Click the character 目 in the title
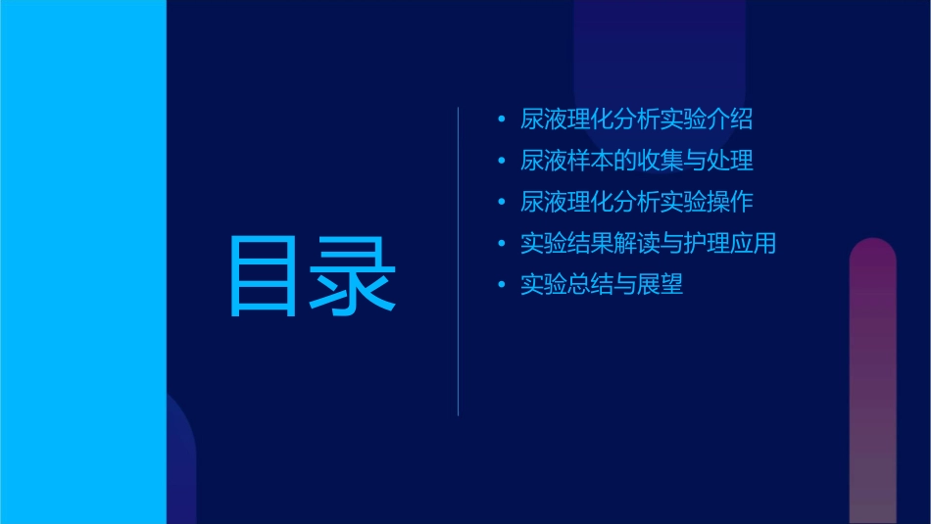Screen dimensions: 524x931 [262, 276]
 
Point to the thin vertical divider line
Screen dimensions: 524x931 [459, 262]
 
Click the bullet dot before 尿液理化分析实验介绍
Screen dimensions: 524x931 [502, 119]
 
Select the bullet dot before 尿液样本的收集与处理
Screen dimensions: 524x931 [502, 161]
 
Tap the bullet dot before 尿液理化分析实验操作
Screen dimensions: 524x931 [502, 203]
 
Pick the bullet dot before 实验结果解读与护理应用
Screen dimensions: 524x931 [502, 244]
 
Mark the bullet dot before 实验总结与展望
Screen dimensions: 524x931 [502, 285]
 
